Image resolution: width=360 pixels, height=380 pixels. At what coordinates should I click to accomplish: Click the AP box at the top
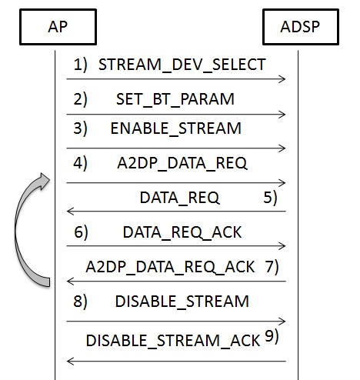click(58, 27)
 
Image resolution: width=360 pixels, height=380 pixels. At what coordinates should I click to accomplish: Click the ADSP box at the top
click(301, 27)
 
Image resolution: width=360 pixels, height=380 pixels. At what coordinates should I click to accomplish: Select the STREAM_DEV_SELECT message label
click(182, 65)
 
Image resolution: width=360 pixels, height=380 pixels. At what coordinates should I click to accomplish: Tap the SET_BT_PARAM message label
click(175, 99)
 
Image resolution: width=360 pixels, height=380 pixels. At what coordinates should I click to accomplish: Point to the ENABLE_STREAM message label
click(176, 128)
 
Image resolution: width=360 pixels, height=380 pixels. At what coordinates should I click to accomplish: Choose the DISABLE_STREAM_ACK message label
click(173, 341)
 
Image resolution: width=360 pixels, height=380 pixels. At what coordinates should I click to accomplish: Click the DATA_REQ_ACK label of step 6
click(182, 232)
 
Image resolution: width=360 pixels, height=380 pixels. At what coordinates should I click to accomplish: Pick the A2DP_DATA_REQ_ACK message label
click(170, 267)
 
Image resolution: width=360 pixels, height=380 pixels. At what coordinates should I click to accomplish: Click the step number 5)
click(270, 198)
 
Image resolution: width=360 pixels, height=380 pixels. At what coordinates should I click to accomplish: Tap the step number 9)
click(272, 335)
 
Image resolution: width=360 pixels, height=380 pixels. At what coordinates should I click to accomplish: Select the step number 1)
click(80, 65)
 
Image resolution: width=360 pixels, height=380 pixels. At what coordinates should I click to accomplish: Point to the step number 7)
click(272, 267)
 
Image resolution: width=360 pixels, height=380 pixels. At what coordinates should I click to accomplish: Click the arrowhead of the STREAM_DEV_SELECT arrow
click(282, 79)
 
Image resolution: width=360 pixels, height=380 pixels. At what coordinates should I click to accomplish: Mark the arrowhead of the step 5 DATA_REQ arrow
click(70, 212)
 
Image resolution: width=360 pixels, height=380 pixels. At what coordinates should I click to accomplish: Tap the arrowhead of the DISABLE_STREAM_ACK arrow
click(70, 361)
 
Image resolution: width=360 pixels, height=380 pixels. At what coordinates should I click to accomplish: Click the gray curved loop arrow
click(16, 231)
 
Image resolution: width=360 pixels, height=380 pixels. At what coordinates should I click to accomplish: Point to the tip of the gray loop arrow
click(50, 179)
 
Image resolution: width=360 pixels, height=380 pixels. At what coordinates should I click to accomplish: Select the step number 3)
click(80, 128)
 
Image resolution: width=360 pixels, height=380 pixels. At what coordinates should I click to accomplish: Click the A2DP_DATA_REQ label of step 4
click(182, 163)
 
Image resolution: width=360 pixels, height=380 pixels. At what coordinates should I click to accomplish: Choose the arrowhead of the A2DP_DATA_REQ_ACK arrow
click(70, 281)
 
